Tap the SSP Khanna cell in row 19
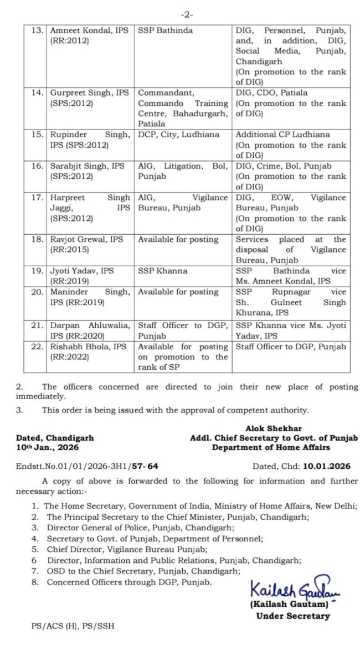(x=163, y=271)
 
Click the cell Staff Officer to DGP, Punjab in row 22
(x=291, y=347)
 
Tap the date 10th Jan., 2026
(x=45, y=447)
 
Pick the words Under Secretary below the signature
(x=292, y=615)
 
